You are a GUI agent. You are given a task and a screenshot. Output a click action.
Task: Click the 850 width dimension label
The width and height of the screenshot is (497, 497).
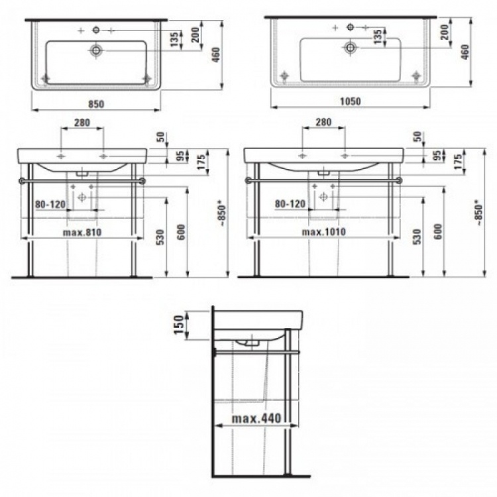[96, 104]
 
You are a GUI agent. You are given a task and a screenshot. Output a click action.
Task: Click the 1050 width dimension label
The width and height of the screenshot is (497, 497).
[351, 101]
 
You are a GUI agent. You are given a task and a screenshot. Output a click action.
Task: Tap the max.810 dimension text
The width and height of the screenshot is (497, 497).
[82, 233]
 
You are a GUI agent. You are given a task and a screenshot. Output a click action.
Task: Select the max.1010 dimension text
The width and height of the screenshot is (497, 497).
[323, 232]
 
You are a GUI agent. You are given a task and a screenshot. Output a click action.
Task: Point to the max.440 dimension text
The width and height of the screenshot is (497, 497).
[256, 418]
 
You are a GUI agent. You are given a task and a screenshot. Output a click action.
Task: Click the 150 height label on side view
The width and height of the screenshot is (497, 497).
[179, 324]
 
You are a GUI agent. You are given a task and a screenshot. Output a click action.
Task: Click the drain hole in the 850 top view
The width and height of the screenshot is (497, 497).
[96, 50]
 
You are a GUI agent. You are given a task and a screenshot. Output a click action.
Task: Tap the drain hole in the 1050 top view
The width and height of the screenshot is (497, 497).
[351, 48]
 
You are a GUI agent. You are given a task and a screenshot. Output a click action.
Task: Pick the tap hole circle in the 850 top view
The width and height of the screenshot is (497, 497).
[96, 30]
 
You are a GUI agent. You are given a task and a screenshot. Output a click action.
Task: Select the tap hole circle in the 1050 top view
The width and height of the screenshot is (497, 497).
[351, 27]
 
